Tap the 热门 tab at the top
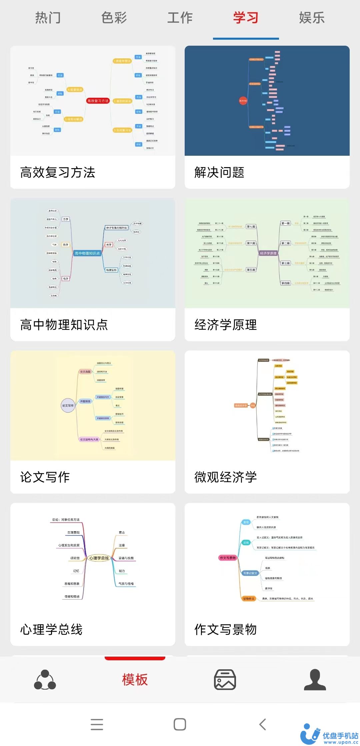48,18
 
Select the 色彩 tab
114,18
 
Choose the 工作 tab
180,18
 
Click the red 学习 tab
246,18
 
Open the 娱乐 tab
312,18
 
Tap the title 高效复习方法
58,172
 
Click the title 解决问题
219,172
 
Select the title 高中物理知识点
64,324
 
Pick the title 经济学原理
226,324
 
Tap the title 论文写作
45,477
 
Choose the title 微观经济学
226,477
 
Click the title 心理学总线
51,629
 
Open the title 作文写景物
226,629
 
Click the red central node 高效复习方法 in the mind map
98,101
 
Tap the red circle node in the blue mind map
243,100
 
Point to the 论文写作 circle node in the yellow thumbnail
68,406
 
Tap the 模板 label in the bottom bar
135,679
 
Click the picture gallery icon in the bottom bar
225,679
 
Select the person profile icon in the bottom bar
315,679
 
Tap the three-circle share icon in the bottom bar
45,679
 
